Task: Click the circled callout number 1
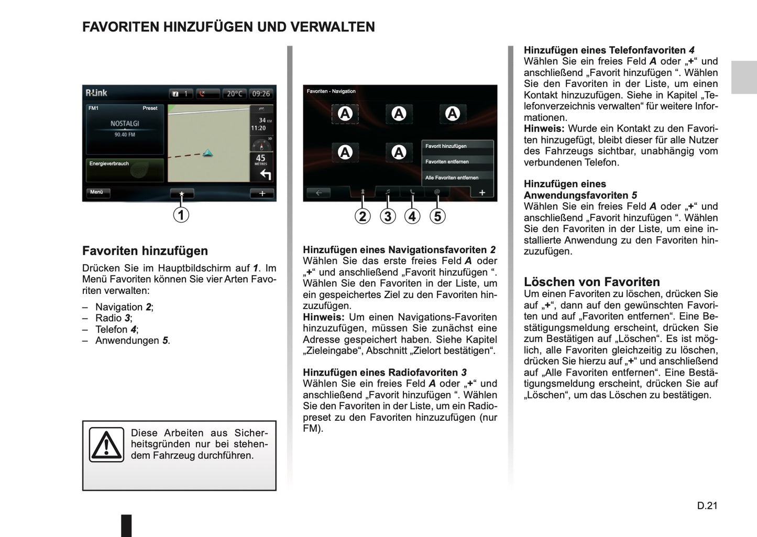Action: point(181,215)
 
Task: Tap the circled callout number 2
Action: point(363,216)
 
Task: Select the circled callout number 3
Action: point(388,216)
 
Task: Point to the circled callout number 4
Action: point(412,216)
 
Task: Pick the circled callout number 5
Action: point(437,216)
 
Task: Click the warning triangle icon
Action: point(106,445)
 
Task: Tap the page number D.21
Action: point(707,506)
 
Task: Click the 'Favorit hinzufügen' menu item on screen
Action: point(446,146)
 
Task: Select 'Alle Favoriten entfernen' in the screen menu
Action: point(452,178)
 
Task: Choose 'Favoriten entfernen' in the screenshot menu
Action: point(447,162)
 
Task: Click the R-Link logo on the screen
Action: point(96,93)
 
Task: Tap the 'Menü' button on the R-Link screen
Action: point(97,192)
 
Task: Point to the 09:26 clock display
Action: point(261,94)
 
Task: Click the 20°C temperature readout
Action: point(235,94)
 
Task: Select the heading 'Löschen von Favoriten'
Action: point(591,282)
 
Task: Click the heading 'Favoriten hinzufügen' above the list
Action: point(145,251)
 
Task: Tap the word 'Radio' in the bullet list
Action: point(108,318)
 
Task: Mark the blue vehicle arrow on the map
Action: point(208,153)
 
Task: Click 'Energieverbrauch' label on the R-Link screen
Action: point(109,163)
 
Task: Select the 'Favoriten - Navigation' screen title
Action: point(331,91)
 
